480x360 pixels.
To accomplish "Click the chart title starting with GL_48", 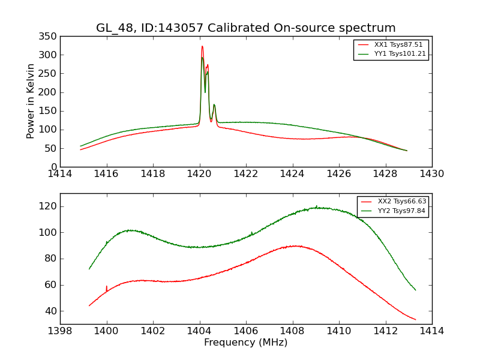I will click(246, 28).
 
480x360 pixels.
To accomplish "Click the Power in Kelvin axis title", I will click(31, 101).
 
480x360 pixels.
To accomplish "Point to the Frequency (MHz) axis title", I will click(246, 343).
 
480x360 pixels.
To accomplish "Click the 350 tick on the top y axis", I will click(49, 37).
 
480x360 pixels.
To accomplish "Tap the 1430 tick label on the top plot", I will click(432, 175).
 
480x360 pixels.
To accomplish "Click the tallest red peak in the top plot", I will click(202, 47).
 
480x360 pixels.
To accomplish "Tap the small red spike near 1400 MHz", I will click(107, 287).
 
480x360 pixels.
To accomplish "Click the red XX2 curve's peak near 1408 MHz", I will click(294, 245).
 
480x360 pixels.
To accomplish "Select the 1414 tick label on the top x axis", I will click(60, 175).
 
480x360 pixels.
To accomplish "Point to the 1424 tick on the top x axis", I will click(293, 175).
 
